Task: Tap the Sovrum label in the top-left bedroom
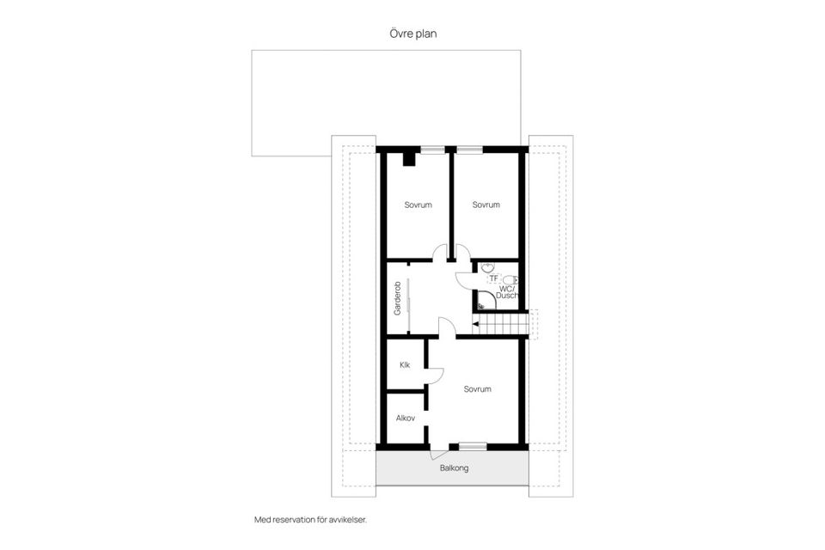pyautogui.click(x=418, y=205)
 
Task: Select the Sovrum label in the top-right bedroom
pyautogui.click(x=486, y=205)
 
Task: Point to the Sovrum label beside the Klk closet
pyautogui.click(x=477, y=389)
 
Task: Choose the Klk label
pyautogui.click(x=404, y=365)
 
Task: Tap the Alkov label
pyautogui.click(x=406, y=419)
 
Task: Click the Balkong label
pyautogui.click(x=453, y=469)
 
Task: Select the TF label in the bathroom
pyautogui.click(x=493, y=278)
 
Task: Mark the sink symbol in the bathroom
pyautogui.click(x=486, y=266)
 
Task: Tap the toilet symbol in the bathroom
pyautogui.click(x=510, y=278)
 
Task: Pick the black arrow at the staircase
pyautogui.click(x=476, y=324)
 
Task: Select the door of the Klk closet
pyautogui.click(x=436, y=376)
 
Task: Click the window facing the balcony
pyautogui.click(x=472, y=446)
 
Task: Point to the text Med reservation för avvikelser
pyautogui.click(x=316, y=519)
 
